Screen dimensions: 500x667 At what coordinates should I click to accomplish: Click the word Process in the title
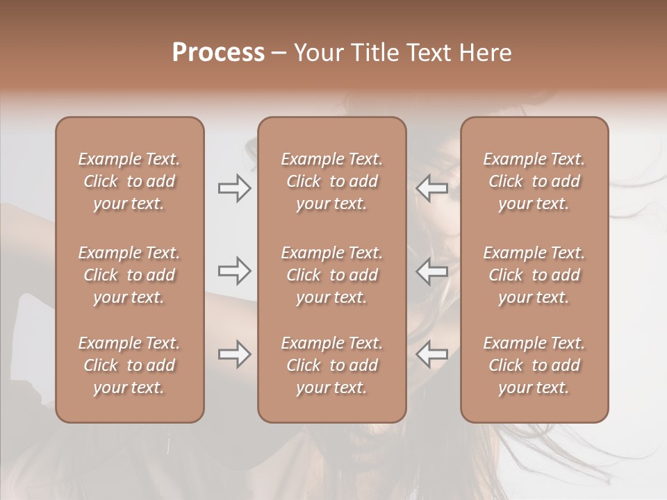(218, 53)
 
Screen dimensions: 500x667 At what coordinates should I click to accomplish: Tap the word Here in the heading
(486, 53)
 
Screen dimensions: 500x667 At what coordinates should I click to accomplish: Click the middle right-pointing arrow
(235, 271)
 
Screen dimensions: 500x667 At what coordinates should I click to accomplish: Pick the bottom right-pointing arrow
(235, 355)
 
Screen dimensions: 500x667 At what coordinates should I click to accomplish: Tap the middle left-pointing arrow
(432, 271)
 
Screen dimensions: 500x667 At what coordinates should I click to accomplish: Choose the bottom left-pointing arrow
(432, 355)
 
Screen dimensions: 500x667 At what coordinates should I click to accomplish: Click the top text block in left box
(129, 181)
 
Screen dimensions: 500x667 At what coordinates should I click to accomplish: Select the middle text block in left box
(129, 275)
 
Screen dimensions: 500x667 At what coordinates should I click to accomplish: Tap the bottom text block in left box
(129, 365)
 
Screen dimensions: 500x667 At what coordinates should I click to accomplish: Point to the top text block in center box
(332, 181)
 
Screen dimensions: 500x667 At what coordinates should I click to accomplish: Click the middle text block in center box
(332, 275)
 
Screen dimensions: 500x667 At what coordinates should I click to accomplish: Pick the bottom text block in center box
(332, 365)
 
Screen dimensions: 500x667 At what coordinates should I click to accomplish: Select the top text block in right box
(534, 181)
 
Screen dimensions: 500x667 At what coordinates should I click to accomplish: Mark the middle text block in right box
(534, 275)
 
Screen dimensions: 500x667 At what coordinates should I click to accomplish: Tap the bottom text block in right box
(534, 365)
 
